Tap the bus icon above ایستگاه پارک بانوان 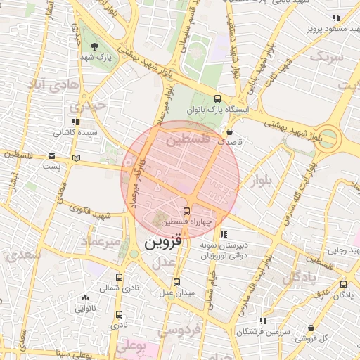point(217,99)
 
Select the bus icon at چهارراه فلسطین point(186,210)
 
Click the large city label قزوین point(162,243)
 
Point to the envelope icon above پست point(51,156)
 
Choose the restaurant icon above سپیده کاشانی point(75,121)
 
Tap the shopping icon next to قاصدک point(229,131)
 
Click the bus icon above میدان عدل point(176,281)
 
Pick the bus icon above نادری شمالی point(119,277)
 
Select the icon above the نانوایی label point(85,298)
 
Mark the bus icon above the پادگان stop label point(343,285)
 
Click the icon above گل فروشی point(311,328)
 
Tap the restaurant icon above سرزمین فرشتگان point(262,320)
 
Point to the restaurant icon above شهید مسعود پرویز point(336,20)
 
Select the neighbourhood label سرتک point(328,56)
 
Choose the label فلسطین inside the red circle point(188,141)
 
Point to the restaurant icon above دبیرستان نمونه point(224,234)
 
